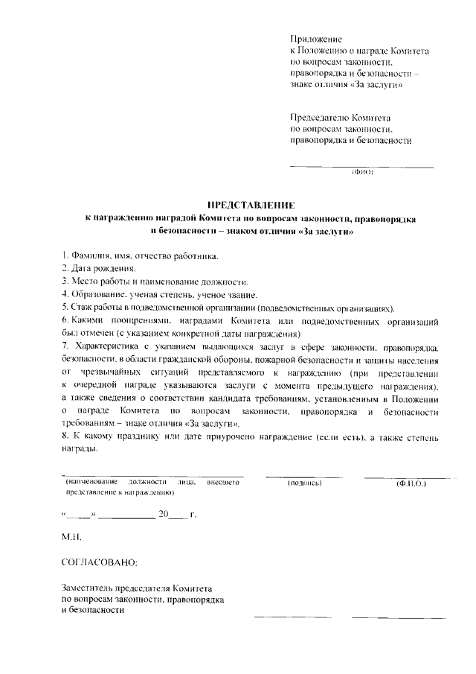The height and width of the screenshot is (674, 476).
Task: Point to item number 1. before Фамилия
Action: (x=65, y=256)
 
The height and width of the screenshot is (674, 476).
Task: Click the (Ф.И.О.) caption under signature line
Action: (x=410, y=484)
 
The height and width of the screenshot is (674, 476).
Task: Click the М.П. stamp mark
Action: (x=71, y=537)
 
